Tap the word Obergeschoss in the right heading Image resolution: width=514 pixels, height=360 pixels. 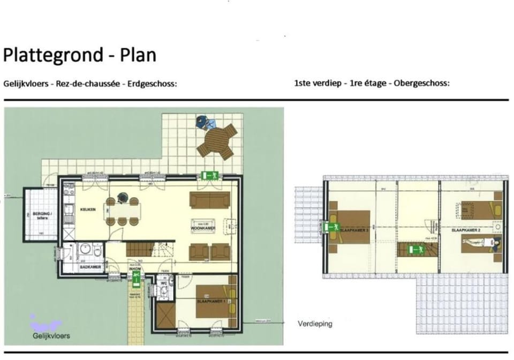421,84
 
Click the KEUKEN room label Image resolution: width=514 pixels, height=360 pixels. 87,209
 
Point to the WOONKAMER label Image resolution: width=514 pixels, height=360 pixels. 203,229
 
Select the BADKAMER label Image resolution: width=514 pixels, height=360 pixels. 88,266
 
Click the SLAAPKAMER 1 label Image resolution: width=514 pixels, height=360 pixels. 211,302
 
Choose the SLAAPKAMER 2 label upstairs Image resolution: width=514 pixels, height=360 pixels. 464,230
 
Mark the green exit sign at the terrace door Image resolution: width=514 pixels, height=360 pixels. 210,175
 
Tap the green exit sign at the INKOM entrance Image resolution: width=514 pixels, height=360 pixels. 137,276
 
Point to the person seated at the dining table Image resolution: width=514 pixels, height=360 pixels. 122,200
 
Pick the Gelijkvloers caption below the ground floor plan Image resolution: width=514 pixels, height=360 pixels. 51,336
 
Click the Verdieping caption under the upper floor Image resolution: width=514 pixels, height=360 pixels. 315,324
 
